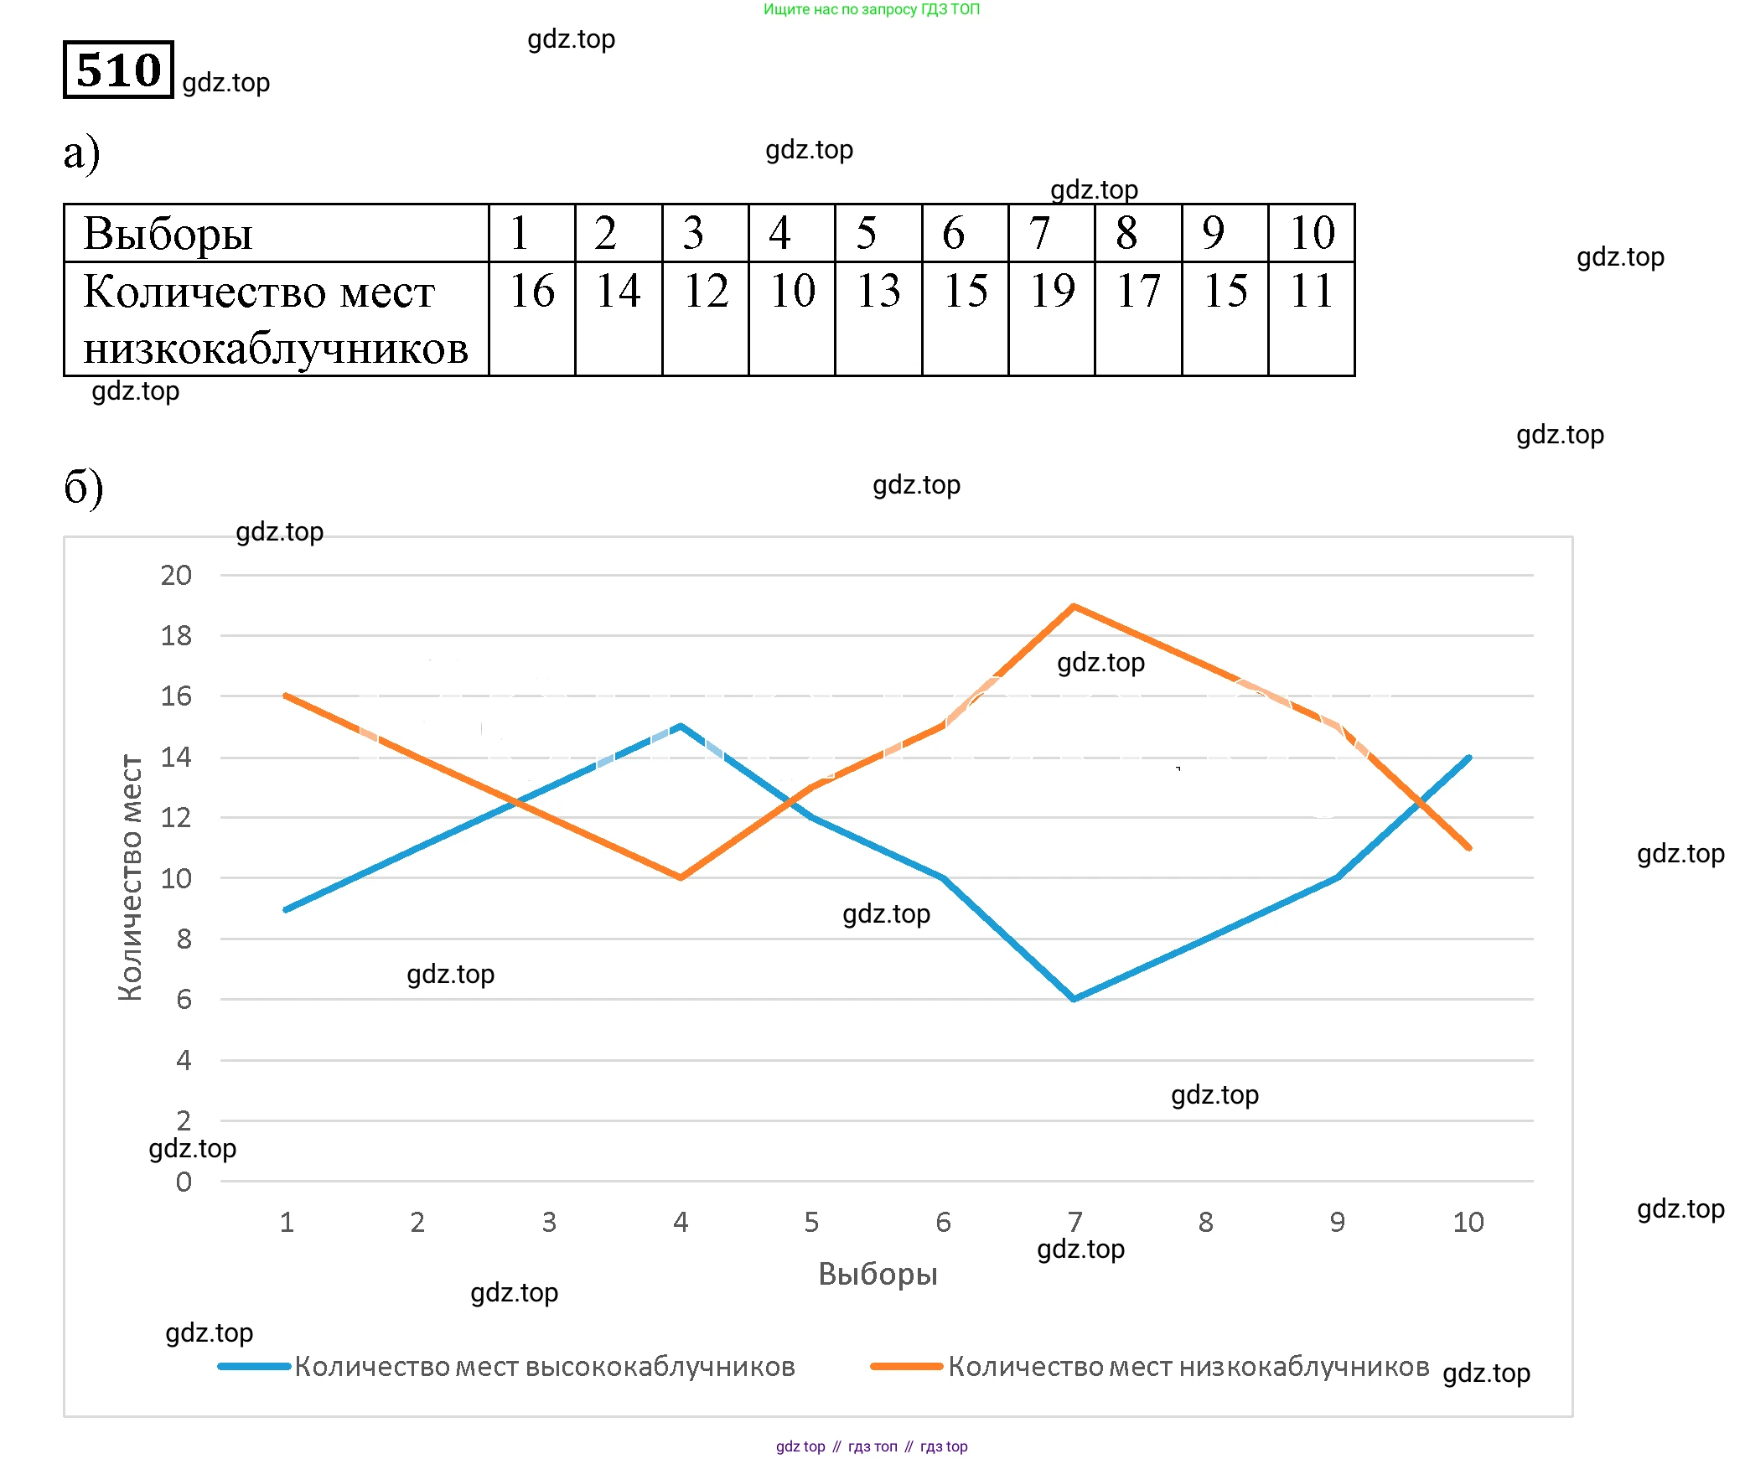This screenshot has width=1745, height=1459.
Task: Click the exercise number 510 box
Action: (x=118, y=70)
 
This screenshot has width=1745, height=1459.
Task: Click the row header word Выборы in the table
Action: (x=168, y=234)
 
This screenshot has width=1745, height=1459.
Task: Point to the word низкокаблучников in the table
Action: (x=275, y=349)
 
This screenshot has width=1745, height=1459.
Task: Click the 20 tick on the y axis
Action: (x=176, y=576)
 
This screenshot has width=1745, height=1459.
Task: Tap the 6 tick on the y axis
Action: (x=184, y=1000)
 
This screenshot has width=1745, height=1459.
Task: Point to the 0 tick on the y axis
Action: (x=184, y=1182)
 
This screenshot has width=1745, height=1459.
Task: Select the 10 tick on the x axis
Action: (x=1468, y=1223)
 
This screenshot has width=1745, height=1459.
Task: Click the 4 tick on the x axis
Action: (x=681, y=1223)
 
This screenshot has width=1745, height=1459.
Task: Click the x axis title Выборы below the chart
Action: (x=878, y=1274)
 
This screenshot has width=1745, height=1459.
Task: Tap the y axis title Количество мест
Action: (x=131, y=877)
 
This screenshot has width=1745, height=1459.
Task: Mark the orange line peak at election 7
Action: (x=1074, y=606)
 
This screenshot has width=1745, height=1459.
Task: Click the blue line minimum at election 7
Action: (x=1074, y=999)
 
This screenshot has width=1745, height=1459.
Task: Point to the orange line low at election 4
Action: (x=681, y=877)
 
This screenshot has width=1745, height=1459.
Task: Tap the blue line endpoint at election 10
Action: (x=1468, y=758)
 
